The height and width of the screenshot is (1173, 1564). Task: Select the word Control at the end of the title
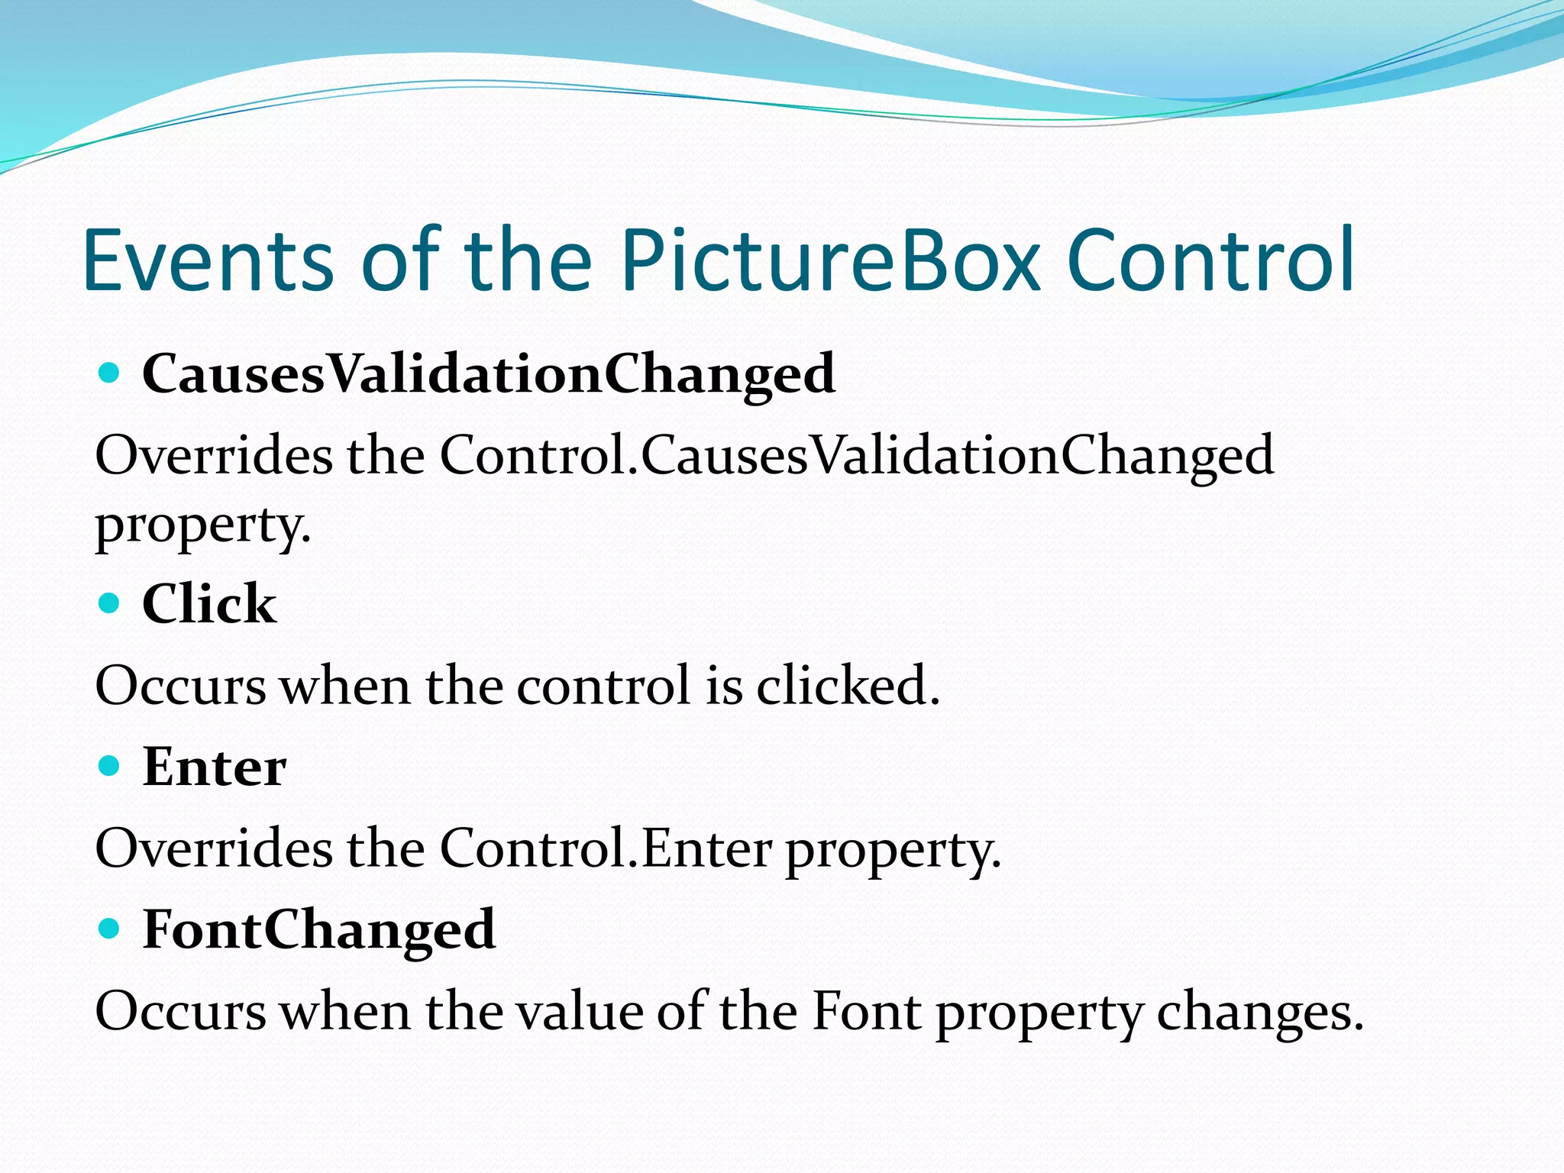1210,261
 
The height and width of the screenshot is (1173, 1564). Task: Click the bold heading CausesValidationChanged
489,375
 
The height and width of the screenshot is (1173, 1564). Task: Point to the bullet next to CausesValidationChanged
110,373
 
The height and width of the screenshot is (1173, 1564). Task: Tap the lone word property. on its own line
203,526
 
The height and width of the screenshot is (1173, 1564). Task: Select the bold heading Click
209,604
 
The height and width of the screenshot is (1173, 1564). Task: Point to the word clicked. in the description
848,685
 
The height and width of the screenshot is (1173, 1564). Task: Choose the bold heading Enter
215,767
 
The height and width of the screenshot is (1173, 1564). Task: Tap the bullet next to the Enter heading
110,765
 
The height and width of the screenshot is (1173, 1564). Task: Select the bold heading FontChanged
319,930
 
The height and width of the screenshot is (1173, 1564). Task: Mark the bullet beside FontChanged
110,929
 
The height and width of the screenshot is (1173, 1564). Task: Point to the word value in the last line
580,1012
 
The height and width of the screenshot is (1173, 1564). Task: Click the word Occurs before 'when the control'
180,685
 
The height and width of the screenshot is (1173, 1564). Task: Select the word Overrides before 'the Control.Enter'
214,848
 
